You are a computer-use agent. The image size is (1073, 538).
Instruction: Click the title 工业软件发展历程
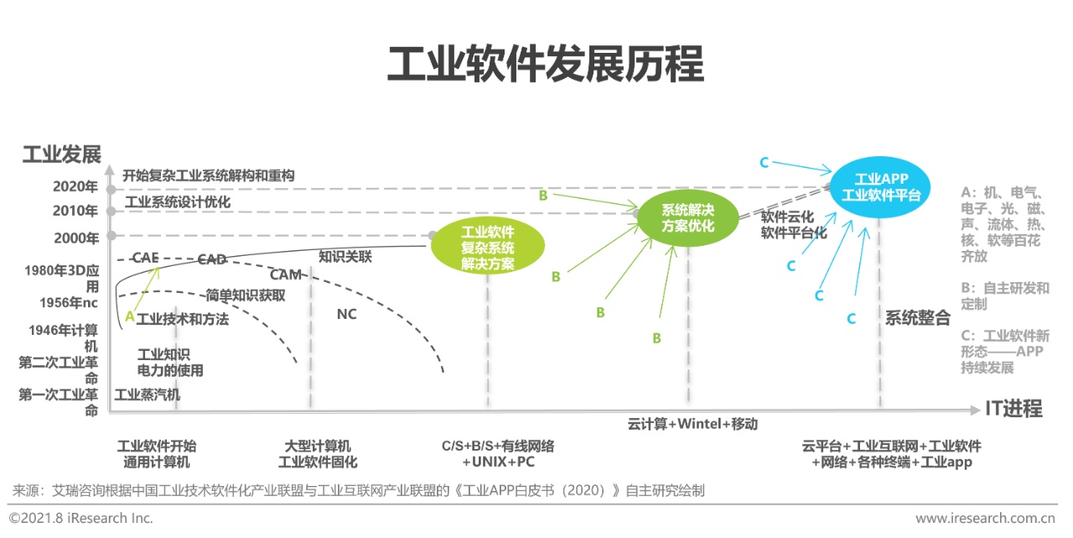545,65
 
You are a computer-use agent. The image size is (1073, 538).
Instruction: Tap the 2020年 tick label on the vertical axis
75,187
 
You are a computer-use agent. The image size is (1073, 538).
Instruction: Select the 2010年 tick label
75,211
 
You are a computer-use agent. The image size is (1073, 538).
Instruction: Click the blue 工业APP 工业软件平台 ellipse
880,186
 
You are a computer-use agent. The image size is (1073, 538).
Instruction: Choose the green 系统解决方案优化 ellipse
688,217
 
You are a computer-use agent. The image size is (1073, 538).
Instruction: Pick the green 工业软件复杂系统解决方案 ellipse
488,247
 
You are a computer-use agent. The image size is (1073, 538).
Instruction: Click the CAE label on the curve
145,258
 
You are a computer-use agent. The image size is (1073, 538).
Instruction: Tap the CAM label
286,274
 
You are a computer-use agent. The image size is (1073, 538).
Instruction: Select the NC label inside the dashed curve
346,314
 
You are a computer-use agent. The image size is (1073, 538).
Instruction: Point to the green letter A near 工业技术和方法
129,316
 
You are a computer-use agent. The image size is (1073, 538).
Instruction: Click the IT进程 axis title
1013,409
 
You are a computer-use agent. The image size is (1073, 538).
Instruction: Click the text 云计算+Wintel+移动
692,424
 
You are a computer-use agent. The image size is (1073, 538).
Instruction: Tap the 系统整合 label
918,318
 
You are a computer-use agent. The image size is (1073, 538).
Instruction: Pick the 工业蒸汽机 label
148,394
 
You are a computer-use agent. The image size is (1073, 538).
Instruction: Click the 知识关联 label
345,257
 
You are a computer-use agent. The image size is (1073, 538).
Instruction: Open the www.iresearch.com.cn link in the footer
985,518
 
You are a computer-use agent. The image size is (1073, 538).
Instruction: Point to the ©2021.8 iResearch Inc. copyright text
81,518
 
